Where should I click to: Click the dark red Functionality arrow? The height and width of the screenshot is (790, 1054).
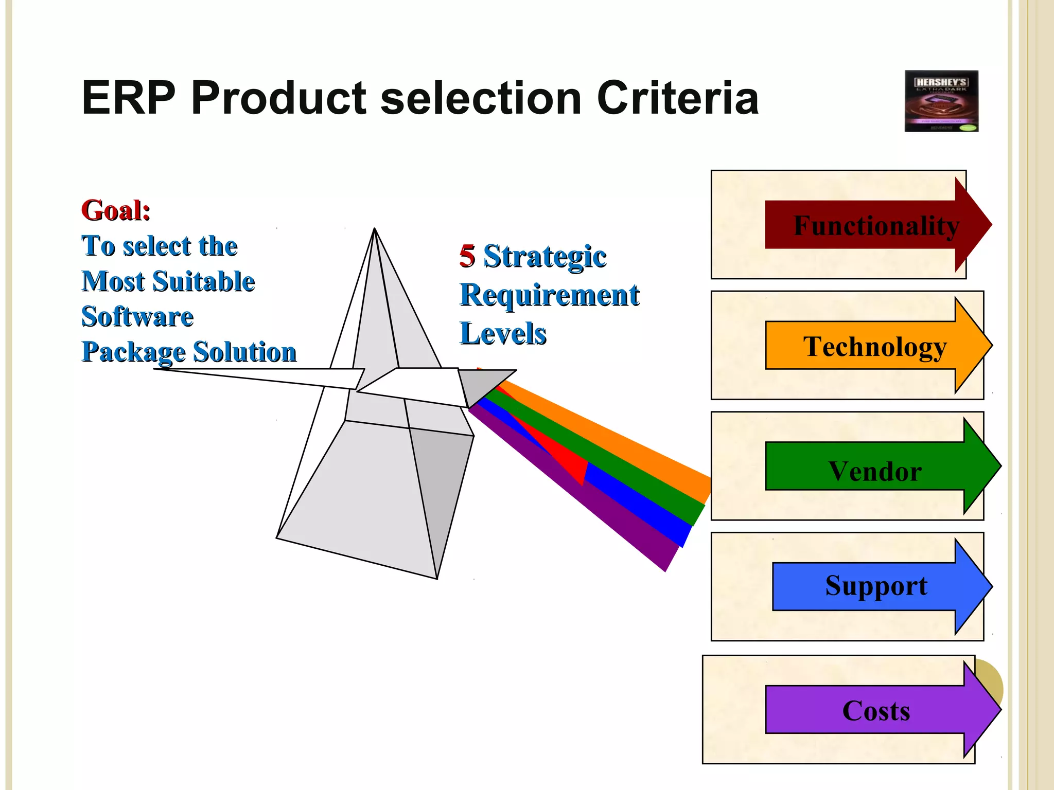(875, 225)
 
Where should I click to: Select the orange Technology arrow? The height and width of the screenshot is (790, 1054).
(875, 346)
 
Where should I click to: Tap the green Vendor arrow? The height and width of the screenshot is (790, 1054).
(875, 466)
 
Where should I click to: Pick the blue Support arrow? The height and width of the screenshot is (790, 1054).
(875, 586)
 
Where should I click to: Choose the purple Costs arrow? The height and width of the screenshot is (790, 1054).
(875, 710)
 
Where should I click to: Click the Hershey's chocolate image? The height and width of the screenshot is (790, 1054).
(941, 101)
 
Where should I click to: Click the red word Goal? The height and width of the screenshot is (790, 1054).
(116, 210)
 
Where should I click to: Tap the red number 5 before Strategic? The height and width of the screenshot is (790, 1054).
(467, 256)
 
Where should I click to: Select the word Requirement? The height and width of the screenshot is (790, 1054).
(550, 295)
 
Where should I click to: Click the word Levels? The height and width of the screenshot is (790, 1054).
(503, 334)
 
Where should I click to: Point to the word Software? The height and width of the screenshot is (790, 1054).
(137, 316)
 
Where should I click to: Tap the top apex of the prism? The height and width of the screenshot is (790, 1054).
(375, 229)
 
